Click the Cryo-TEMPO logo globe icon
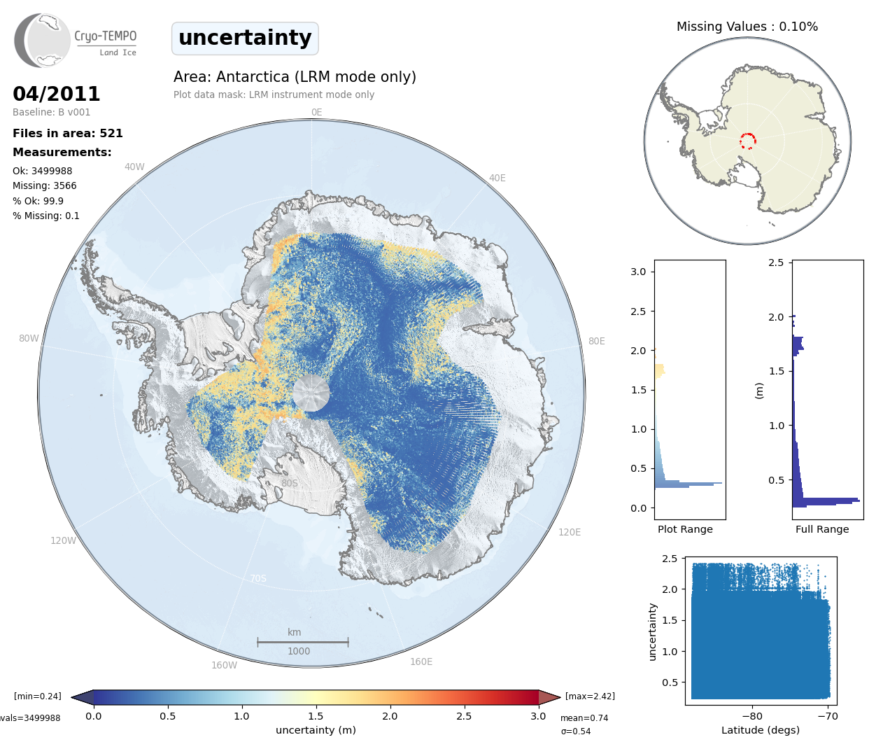coord(43,41)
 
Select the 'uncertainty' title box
coord(245,38)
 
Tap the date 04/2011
coord(57,94)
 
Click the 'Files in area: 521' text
coord(68,133)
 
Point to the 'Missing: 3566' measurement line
coord(45,185)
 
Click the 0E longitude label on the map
coord(316,112)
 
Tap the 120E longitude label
coord(570,532)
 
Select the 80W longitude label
coord(29,338)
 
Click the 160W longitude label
coord(224,665)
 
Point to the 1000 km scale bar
coord(302,641)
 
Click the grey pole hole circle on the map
coord(311,392)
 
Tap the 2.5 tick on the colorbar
coord(464,716)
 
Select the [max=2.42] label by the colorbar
coord(590,696)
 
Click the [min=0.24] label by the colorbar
coord(38,696)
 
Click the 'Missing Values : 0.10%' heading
coord(747,27)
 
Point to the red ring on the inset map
coord(747,141)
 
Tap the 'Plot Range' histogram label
coord(685,529)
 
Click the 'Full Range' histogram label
coord(822,529)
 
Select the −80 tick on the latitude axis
coord(752,716)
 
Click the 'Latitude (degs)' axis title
coord(761,730)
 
